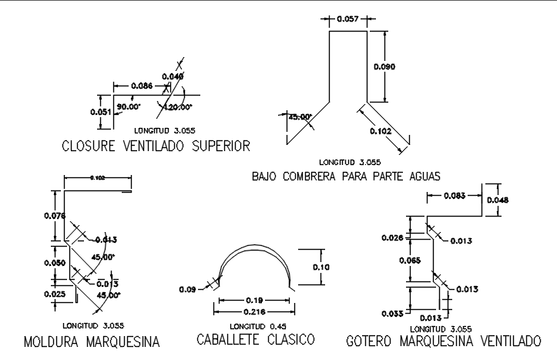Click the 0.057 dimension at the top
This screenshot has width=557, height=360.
point(347,19)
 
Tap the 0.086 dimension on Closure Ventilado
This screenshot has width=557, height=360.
point(141,85)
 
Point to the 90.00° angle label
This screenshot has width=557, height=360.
point(127,106)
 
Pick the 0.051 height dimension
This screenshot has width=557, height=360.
point(101,112)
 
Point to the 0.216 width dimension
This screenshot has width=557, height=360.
point(255,311)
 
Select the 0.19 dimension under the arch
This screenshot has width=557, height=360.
point(255,299)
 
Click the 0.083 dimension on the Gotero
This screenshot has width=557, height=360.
point(455,196)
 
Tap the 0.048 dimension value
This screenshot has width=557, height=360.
point(498,200)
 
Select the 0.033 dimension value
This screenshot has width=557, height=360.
point(392,313)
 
